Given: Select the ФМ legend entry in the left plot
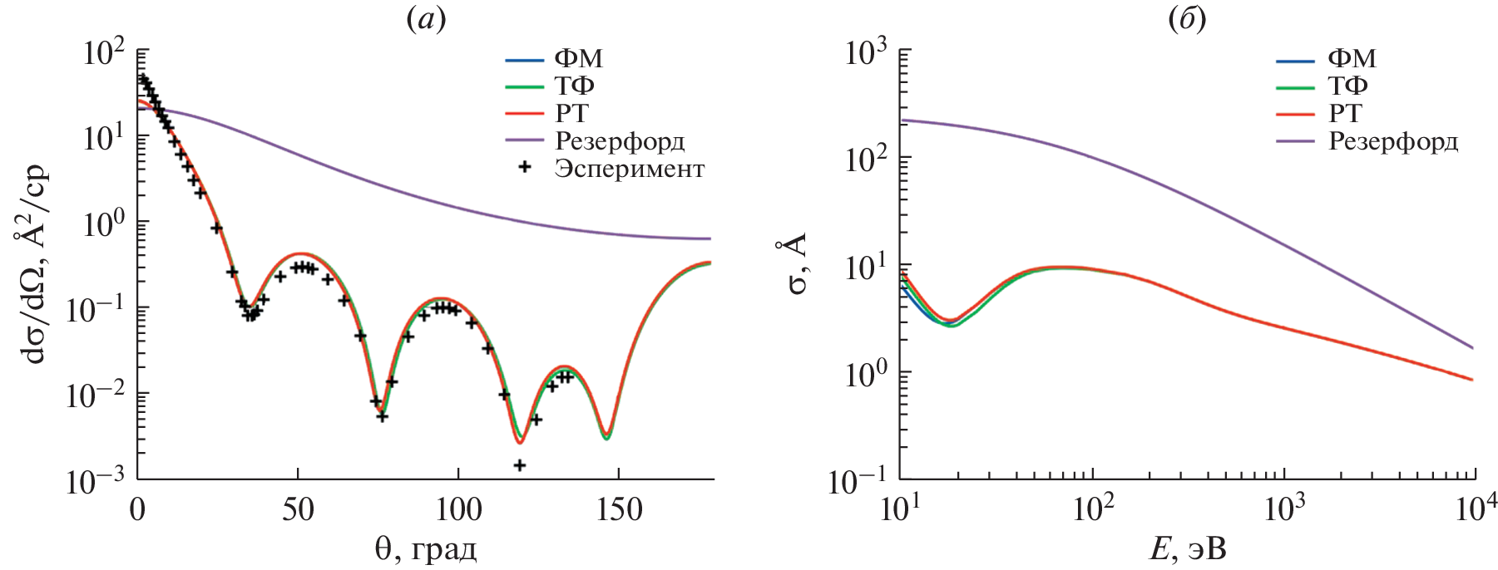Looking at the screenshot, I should point(578,59).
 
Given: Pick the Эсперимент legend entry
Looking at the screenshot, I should point(629,169).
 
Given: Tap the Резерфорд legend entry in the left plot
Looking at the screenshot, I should point(620,141).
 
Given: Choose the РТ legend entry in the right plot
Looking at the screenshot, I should point(1345,114).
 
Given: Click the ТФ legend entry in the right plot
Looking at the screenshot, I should point(1347,86).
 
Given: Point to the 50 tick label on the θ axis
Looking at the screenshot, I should point(298,509).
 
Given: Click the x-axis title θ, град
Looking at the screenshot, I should point(425,549).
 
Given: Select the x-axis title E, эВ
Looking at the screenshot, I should point(1187,549).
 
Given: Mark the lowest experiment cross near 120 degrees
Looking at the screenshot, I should point(519,465).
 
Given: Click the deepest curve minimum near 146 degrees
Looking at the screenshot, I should point(607,435).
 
